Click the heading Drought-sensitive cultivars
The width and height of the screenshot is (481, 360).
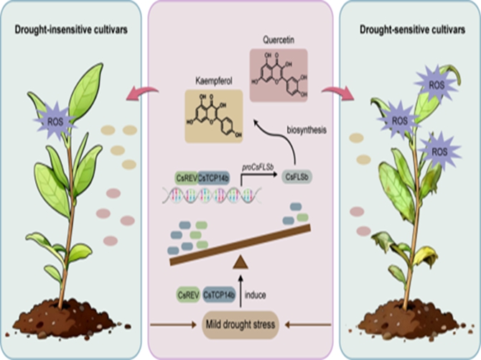(x=409, y=29)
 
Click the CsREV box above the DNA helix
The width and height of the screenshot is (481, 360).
(x=185, y=177)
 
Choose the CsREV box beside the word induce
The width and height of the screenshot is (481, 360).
(x=189, y=295)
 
